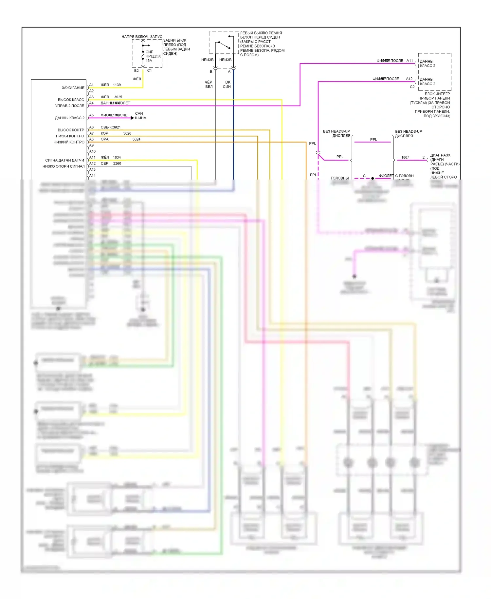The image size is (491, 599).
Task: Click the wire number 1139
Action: [x=117, y=85]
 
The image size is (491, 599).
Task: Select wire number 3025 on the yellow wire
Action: [x=118, y=97]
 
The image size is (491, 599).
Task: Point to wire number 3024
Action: [x=136, y=139]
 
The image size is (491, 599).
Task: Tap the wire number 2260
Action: [x=117, y=164]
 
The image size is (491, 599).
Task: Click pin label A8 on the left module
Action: [x=92, y=139]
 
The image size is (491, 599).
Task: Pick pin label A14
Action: [x=92, y=176]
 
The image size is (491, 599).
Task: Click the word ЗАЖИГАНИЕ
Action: [x=73, y=88]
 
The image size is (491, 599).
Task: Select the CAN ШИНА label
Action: [x=140, y=116]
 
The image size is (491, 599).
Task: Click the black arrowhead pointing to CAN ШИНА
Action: [x=132, y=118]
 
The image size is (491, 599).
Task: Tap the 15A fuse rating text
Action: [x=149, y=61]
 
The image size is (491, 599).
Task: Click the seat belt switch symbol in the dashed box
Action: [x=224, y=45]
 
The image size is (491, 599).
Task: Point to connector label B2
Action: [x=136, y=71]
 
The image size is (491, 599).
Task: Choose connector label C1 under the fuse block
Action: [x=149, y=71]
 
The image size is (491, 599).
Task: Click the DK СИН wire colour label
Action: [x=227, y=85]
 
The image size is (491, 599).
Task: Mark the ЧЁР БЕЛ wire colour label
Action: [x=209, y=85]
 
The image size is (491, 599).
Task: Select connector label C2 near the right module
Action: [x=412, y=87]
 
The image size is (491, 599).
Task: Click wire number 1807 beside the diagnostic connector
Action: [x=405, y=158]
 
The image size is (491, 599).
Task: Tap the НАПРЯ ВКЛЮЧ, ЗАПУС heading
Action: [x=142, y=37]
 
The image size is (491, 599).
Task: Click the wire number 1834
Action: [x=117, y=158]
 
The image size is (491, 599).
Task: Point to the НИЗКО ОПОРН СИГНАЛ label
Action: [x=64, y=166]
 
